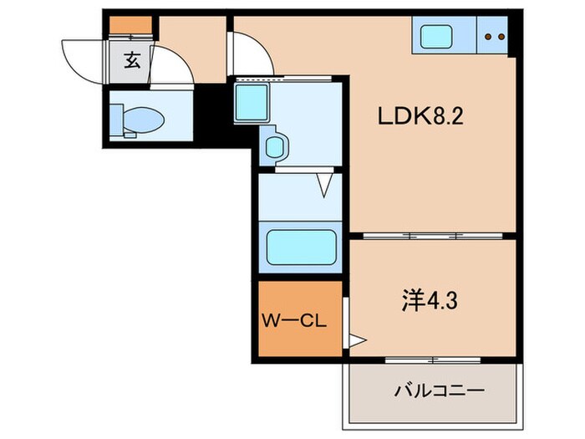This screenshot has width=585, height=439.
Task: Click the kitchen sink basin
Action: [435, 37]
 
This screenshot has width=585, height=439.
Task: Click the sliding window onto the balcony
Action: [432, 360]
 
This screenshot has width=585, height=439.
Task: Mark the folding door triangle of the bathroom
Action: [325, 185]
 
